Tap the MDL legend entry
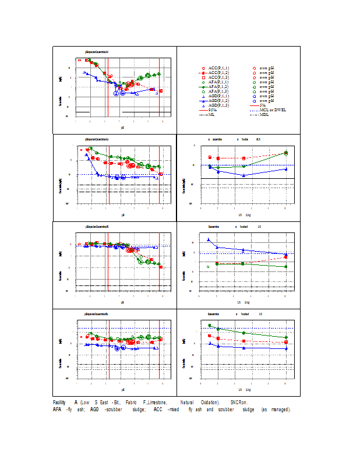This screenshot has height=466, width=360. (x=264, y=115)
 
